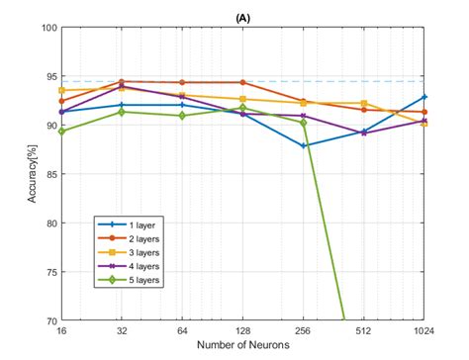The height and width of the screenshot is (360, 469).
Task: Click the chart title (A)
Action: pos(243,17)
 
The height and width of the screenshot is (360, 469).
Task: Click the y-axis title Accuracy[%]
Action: pos(35,173)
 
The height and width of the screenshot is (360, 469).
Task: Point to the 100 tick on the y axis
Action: pos(48,28)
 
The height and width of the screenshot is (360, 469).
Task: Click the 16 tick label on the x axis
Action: pos(62,331)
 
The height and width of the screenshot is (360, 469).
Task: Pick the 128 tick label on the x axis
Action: pos(243,331)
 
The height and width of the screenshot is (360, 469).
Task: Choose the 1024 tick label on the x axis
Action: pos(424,331)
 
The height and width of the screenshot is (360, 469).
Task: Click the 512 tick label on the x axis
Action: pos(364,331)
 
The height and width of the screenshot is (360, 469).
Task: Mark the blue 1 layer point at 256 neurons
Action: pos(304,145)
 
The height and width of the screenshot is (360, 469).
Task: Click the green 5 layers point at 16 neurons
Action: pos(62,132)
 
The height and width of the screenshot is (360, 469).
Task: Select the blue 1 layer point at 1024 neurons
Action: pos(424,97)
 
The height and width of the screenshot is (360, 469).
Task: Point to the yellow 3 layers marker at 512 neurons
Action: pos(364,103)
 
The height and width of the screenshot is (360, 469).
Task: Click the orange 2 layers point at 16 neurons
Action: pos(62,101)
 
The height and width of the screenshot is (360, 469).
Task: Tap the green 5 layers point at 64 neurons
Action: pos(183,116)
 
